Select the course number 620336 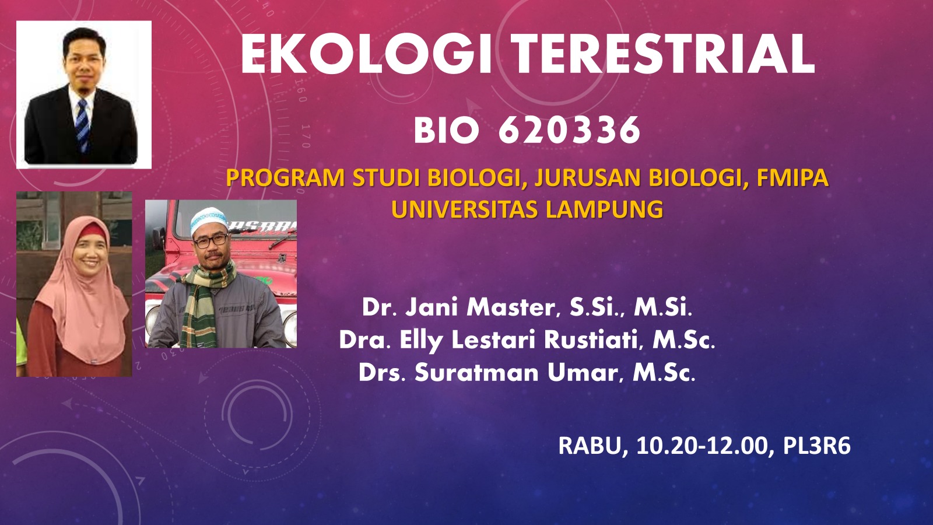coord(569,129)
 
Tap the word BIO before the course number coord(446,131)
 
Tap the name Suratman coord(476,373)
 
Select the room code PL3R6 coord(816,446)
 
